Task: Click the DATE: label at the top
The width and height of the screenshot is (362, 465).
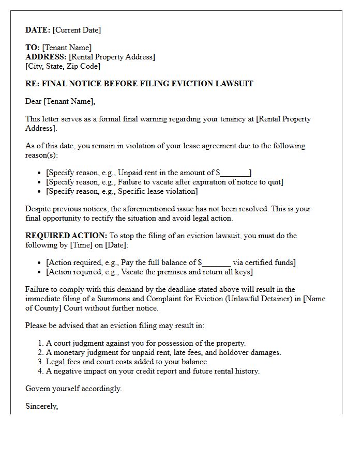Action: coord(38,30)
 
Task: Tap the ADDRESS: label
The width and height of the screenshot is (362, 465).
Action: coord(46,57)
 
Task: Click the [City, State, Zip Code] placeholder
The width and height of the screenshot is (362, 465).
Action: coord(63,66)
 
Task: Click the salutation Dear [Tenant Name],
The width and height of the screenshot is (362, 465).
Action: coord(61,101)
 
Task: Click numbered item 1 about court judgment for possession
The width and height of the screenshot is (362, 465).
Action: coord(145,343)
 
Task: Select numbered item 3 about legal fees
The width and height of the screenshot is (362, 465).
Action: coord(127,362)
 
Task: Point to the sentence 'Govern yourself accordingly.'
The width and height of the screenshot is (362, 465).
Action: coord(73,389)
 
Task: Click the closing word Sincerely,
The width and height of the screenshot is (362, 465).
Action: coord(41,406)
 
